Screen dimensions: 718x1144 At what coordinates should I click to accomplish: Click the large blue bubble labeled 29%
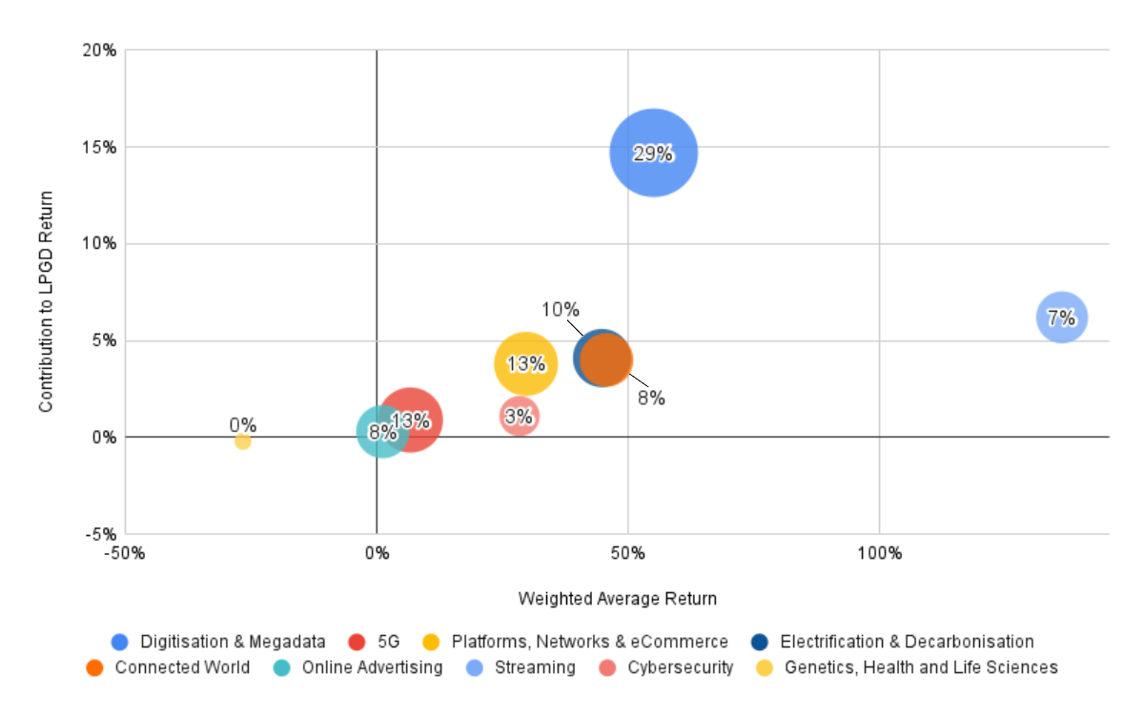pyautogui.click(x=654, y=153)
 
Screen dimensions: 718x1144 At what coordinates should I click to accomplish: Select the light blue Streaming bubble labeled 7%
pyautogui.click(x=1061, y=318)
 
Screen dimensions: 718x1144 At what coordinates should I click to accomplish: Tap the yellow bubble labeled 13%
pyautogui.click(x=525, y=363)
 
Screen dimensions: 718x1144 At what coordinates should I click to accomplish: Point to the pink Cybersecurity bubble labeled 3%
pyautogui.click(x=519, y=416)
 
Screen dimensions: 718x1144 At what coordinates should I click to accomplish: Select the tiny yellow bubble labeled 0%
pyautogui.click(x=243, y=441)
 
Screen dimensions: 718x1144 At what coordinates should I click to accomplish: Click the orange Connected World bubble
pyautogui.click(x=608, y=359)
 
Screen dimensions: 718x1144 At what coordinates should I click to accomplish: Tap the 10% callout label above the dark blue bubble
pyautogui.click(x=561, y=309)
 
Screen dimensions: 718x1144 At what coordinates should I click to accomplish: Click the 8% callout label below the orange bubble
pyautogui.click(x=651, y=398)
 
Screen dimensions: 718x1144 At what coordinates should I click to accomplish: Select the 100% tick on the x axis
pyautogui.click(x=879, y=554)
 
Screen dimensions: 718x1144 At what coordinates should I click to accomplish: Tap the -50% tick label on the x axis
pyautogui.click(x=125, y=554)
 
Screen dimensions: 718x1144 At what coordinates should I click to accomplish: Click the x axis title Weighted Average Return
pyautogui.click(x=617, y=599)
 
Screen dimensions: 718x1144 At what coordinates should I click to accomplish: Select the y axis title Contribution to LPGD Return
pyautogui.click(x=46, y=301)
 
